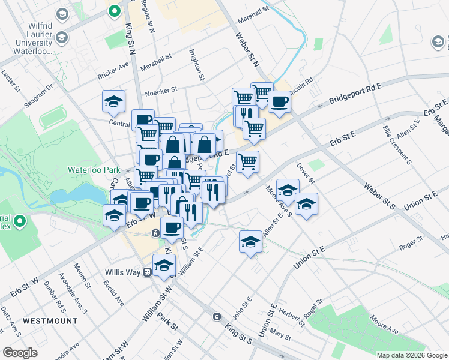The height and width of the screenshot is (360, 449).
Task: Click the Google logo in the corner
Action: pyautogui.click(x=20, y=353)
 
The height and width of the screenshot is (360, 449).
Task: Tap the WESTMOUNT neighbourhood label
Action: pyautogui.click(x=50, y=321)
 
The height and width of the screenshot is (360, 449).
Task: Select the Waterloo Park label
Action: pyautogui.click(x=91, y=169)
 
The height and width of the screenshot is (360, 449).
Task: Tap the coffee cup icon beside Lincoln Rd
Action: pyautogui.click(x=279, y=102)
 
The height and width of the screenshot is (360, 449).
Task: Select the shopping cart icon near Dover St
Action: pyautogui.click(x=247, y=161)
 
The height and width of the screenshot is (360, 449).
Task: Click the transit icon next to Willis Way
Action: pyautogui.click(x=146, y=272)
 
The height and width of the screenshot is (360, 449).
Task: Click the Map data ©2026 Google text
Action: pyautogui.click(x=411, y=355)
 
